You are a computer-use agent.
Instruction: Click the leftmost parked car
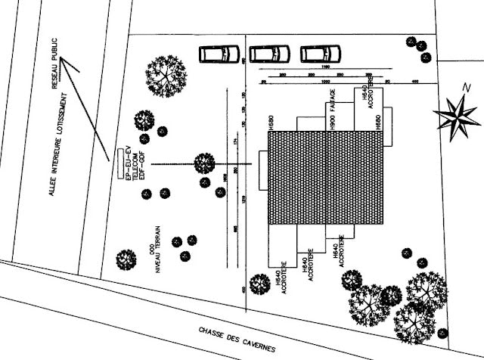pyautogui.click(x=219, y=54)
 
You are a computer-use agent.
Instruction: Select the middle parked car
pyautogui.click(x=270, y=54)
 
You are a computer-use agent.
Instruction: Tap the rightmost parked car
pyautogui.click(x=321, y=54)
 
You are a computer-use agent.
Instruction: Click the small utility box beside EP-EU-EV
pyautogui.click(x=119, y=163)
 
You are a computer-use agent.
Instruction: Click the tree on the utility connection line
pyautogui.click(x=204, y=163)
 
